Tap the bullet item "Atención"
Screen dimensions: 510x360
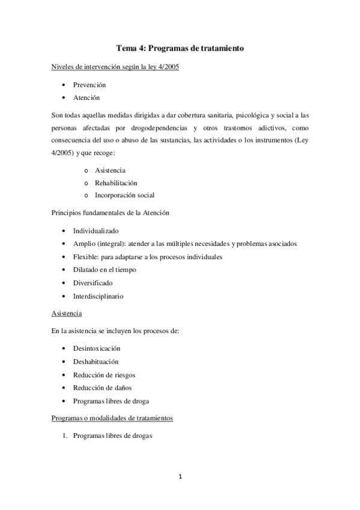click(x=87, y=98)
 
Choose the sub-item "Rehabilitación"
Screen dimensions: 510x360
click(x=116, y=183)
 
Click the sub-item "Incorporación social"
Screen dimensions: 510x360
click(x=124, y=195)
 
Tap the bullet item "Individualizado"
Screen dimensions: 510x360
click(x=96, y=231)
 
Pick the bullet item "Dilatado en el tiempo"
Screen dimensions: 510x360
click(x=104, y=270)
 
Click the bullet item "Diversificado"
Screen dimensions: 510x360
click(x=93, y=283)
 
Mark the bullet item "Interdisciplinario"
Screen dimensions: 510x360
click(x=99, y=296)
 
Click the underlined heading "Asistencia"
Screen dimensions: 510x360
click(x=67, y=313)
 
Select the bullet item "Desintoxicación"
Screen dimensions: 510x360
click(x=97, y=349)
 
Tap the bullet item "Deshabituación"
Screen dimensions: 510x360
click(x=96, y=361)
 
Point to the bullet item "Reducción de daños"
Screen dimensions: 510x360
click(x=102, y=388)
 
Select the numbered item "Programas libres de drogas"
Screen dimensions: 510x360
click(x=113, y=437)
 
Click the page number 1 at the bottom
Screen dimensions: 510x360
click(x=180, y=477)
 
